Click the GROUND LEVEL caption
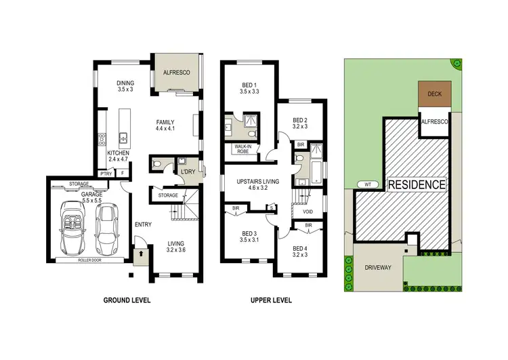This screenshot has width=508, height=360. pyautogui.click(x=127, y=300)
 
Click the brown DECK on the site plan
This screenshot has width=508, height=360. pyautogui.click(x=435, y=94)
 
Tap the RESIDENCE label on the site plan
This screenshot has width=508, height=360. pyautogui.click(x=416, y=184)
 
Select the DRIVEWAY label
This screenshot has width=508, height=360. pyautogui.click(x=377, y=268)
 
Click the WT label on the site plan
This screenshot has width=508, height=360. pyautogui.click(x=367, y=184)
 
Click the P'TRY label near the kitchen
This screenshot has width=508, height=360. pyautogui.click(x=105, y=174)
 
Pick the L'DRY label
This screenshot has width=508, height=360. pyautogui.click(x=187, y=172)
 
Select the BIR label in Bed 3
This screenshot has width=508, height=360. pyautogui.click(x=236, y=208)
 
